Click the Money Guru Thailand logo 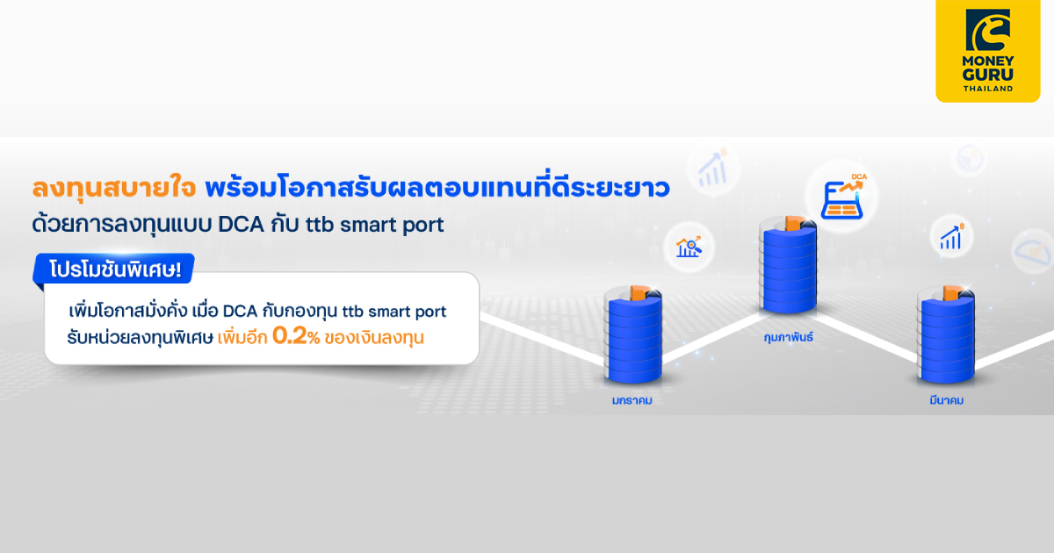987,51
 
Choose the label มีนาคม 946,400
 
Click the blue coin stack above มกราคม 632,338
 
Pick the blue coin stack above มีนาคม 946,338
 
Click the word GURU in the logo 987,75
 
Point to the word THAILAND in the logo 987,89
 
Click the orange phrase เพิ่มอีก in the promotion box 242,337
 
